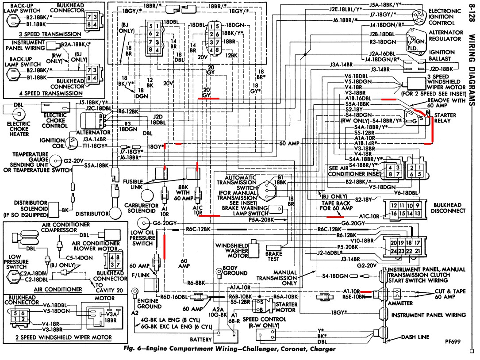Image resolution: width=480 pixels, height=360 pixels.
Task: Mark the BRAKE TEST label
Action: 273,257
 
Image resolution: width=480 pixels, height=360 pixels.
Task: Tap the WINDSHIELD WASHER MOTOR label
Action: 231,251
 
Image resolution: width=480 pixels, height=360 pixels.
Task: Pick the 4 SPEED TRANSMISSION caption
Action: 54,93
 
